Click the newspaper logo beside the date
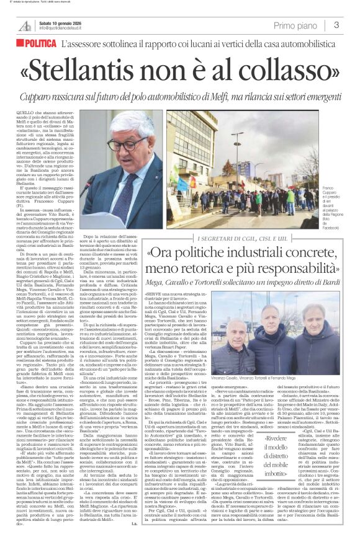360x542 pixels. (25, 24)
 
